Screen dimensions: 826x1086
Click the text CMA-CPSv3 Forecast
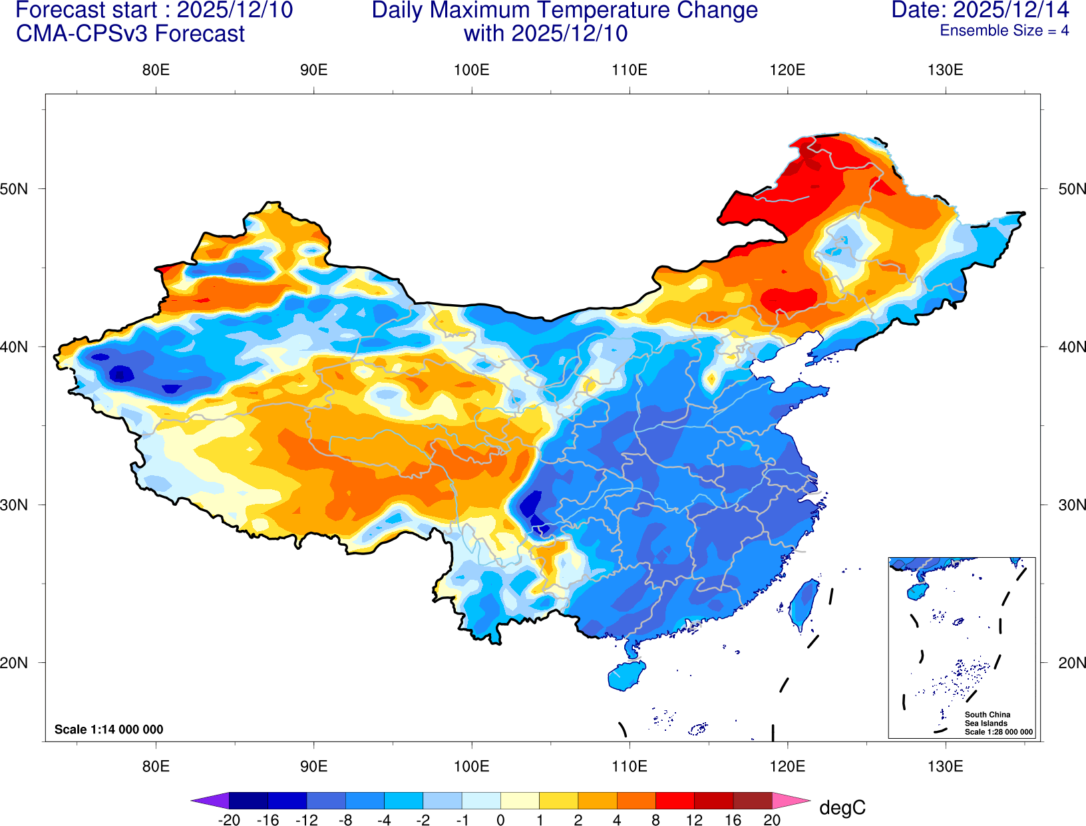point(130,34)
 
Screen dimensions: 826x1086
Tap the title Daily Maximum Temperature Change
point(564,11)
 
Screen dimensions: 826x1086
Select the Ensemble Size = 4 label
point(1004,31)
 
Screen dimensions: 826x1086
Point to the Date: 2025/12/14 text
point(980,10)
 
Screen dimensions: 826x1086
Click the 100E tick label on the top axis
point(471,71)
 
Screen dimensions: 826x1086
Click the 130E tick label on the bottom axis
point(945,767)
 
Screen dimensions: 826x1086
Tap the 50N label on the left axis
point(14,189)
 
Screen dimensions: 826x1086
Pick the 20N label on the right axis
point(1072,663)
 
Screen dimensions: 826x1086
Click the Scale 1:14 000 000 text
point(108,729)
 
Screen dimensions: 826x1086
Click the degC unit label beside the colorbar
point(842,808)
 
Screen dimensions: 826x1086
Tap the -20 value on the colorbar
point(229,820)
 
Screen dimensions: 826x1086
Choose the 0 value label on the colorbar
point(500,820)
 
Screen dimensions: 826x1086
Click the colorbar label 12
point(694,820)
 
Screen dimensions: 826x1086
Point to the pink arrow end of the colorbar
point(791,800)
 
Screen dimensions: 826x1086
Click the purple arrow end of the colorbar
point(210,800)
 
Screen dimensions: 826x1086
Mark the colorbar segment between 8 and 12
point(675,800)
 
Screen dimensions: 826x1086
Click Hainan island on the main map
point(626,676)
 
